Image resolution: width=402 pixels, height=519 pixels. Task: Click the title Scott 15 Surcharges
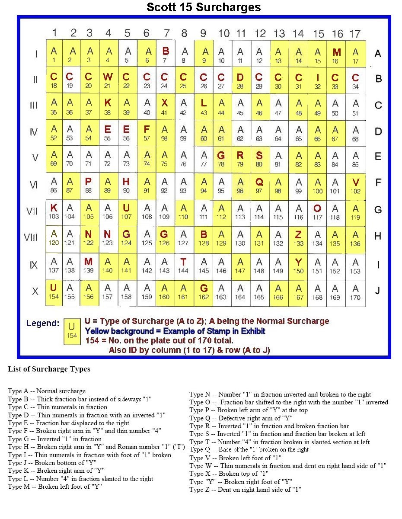(x=204, y=7)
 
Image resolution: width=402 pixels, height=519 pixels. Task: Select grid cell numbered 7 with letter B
(x=165, y=54)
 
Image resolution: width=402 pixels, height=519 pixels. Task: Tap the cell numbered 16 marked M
(x=337, y=55)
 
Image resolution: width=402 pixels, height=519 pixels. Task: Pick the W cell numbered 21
(x=108, y=80)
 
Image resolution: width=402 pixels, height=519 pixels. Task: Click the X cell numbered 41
(x=165, y=106)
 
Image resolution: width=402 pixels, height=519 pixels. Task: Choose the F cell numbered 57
(x=147, y=133)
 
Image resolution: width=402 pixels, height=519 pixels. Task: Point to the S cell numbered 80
(x=259, y=159)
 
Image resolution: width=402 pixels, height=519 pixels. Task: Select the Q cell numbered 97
(x=259, y=185)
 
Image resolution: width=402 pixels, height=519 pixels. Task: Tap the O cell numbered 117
(x=317, y=211)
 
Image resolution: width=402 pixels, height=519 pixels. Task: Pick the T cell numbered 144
(x=183, y=265)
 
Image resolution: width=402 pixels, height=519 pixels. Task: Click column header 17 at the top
(x=355, y=33)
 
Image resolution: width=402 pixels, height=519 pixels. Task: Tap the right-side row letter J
(x=378, y=291)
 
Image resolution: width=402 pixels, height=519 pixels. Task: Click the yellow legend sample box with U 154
(x=72, y=331)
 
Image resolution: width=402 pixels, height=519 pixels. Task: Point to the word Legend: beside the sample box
(x=43, y=324)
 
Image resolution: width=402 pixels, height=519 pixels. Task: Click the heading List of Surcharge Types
(x=49, y=369)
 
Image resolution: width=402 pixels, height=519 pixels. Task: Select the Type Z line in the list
(x=245, y=490)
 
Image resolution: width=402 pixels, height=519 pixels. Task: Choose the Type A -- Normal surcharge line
(x=47, y=391)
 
